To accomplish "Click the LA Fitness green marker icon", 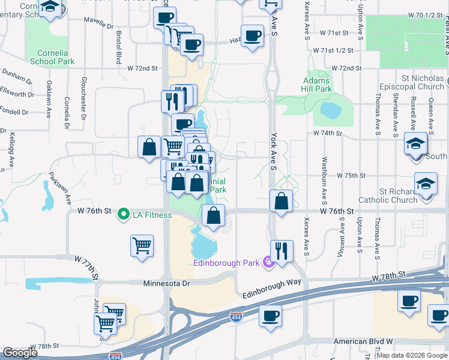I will coord(124,214).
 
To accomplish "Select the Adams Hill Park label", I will coord(317,85).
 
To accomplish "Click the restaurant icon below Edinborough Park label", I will coord(281,250).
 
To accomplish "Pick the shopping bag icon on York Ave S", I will coord(281,200).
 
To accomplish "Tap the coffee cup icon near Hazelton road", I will coord(252,35).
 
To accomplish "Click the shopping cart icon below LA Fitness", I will coord(142,245).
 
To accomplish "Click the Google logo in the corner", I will coord(20,353).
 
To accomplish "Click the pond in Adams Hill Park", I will coord(330,110).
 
